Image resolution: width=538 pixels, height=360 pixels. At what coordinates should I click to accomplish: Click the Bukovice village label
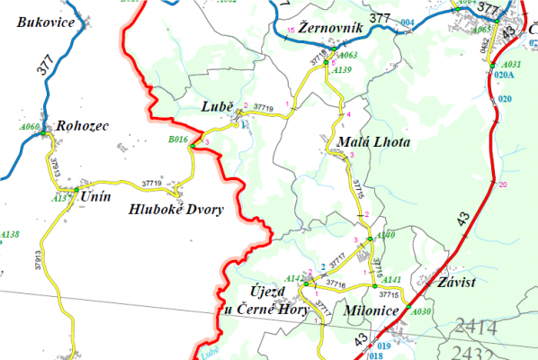pyautogui.click(x=45, y=22)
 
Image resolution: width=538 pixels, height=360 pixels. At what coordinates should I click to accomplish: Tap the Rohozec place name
pyautogui.click(x=83, y=126)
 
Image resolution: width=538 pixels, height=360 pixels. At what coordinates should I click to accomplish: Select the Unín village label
pyautogui.click(x=95, y=195)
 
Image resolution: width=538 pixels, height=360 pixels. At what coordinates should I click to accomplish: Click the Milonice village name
pyautogui.click(x=371, y=310)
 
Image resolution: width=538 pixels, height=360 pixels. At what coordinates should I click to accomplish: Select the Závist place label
pyautogui.click(x=456, y=282)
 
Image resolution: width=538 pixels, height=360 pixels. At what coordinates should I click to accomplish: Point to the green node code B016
pyautogui.click(x=178, y=139)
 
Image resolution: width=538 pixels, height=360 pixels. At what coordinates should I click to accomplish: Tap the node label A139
pyautogui.click(x=343, y=69)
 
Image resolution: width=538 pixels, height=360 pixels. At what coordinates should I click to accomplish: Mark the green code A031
pyautogui.click(x=511, y=65)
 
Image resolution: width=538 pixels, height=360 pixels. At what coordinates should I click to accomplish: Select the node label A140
pyautogui.click(x=385, y=235)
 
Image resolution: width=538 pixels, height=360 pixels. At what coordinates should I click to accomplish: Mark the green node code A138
pyautogui.click(x=10, y=234)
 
